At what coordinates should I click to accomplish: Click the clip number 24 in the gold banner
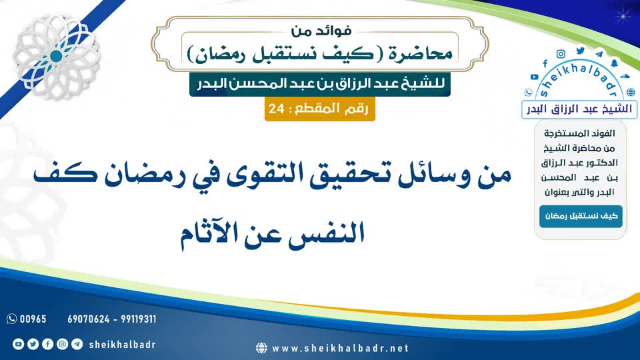point(276,109)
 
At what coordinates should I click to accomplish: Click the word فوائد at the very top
point(334,31)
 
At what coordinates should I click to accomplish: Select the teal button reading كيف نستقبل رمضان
point(581,216)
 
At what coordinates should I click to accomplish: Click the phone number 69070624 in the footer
point(89,319)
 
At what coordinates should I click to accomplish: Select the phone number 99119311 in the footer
point(139,319)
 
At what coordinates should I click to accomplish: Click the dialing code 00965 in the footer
point(33,319)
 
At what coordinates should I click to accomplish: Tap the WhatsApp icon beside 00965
point(11,319)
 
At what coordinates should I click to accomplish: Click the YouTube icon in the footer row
point(18,344)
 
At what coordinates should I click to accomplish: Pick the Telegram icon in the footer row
point(77,344)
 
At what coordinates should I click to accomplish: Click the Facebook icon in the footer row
point(47,344)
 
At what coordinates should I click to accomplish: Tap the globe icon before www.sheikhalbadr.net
point(261,348)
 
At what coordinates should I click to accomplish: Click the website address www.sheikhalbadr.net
point(341,349)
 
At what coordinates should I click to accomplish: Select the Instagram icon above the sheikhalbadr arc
point(561,54)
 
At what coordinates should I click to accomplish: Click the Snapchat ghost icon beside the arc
point(614,63)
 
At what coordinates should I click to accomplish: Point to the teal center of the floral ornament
point(56,56)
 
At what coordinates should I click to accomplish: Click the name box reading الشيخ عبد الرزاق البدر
point(579,109)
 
